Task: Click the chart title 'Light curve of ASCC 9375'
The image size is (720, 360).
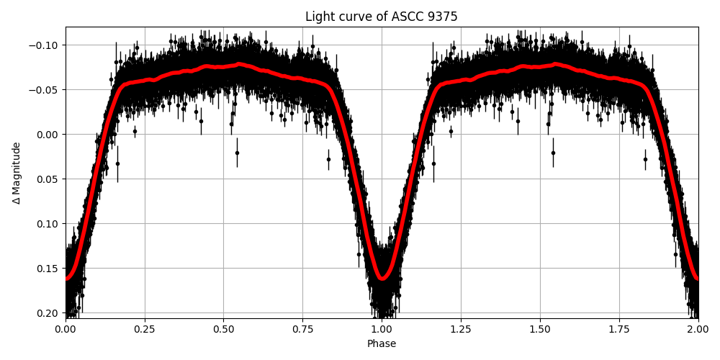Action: (x=382, y=17)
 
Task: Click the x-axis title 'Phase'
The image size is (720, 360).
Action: (x=382, y=343)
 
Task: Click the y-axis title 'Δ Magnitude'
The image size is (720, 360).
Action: (x=17, y=173)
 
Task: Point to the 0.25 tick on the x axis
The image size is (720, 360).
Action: (x=145, y=329)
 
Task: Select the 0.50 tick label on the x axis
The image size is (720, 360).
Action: (x=224, y=329)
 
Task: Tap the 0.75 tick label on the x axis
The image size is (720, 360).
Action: (x=302, y=329)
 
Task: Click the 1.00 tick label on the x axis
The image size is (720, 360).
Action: (x=382, y=329)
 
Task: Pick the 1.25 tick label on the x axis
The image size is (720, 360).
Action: (x=461, y=329)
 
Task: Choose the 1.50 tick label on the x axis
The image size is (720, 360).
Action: (x=540, y=329)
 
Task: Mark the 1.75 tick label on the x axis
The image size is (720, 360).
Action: (x=619, y=329)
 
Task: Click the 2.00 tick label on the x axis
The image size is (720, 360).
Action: (x=698, y=329)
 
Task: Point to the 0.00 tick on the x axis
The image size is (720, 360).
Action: (x=66, y=329)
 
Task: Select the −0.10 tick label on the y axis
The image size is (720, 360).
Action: (x=45, y=45)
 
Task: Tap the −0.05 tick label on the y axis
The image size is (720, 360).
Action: (x=45, y=90)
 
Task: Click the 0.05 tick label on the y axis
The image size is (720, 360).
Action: (x=48, y=179)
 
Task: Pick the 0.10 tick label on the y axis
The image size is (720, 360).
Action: (x=48, y=224)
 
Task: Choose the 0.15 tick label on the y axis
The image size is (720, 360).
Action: (x=48, y=269)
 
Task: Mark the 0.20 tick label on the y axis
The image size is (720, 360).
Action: (x=48, y=313)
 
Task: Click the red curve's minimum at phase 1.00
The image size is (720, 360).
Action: (x=382, y=278)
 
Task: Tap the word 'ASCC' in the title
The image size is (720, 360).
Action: (x=401, y=17)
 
